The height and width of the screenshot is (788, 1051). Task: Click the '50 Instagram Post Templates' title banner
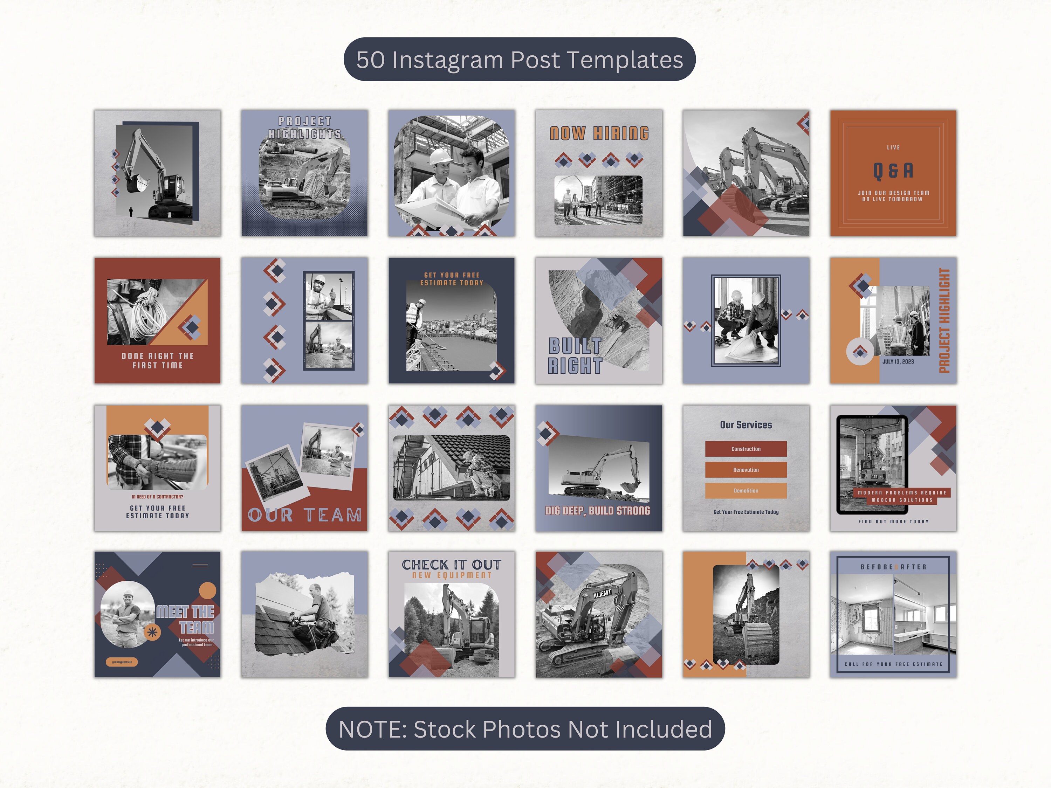(519, 60)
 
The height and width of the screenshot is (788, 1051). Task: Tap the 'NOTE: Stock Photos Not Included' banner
(525, 728)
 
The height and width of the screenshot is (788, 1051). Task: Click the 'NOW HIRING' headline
(599, 133)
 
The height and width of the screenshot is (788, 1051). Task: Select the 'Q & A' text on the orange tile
(893, 171)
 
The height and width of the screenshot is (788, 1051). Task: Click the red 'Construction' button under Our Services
(746, 449)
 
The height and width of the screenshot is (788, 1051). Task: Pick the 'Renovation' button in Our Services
(746, 470)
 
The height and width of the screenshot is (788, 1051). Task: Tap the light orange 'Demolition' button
(746, 491)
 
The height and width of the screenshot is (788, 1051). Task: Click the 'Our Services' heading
(746, 424)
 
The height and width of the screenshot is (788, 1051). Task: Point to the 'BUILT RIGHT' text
(575, 356)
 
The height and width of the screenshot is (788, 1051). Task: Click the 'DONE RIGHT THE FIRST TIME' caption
(157, 360)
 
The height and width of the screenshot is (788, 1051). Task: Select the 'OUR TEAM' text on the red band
(304, 515)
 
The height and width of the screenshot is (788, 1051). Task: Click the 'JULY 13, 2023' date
(898, 362)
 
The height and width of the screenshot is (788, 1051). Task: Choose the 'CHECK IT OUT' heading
(451, 565)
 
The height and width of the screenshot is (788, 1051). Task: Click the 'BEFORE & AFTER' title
(893, 567)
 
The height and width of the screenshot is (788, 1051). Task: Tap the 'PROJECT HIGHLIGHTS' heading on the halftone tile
(304, 128)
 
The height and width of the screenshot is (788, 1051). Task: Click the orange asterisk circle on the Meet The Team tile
(152, 632)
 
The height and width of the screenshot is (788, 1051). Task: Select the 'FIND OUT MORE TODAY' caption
(893, 521)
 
